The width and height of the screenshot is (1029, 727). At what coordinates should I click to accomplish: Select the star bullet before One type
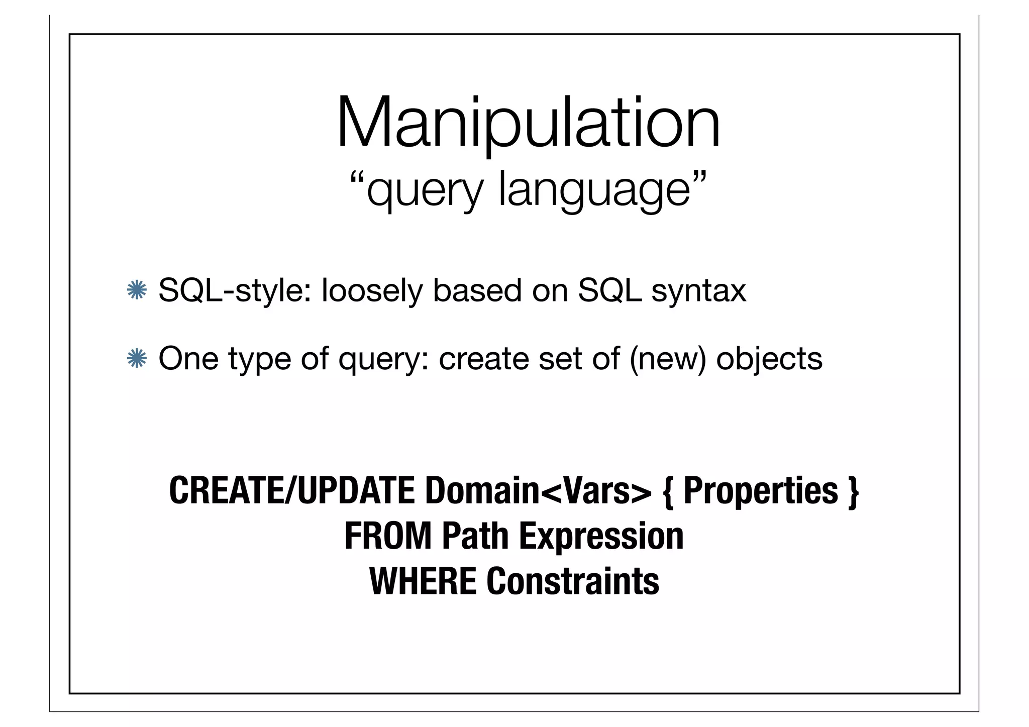[136, 359]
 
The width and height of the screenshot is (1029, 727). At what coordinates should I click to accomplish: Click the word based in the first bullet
[477, 290]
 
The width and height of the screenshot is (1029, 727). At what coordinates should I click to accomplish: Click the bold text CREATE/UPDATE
[292, 491]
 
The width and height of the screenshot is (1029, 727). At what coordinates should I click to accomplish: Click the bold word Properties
[761, 491]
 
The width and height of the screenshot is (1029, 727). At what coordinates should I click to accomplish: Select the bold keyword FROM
[387, 536]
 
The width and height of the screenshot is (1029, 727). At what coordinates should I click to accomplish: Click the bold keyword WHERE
[423, 581]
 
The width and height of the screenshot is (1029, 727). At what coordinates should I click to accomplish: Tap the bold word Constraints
[572, 581]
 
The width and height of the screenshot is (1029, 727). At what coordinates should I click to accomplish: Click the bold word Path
[475, 536]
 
